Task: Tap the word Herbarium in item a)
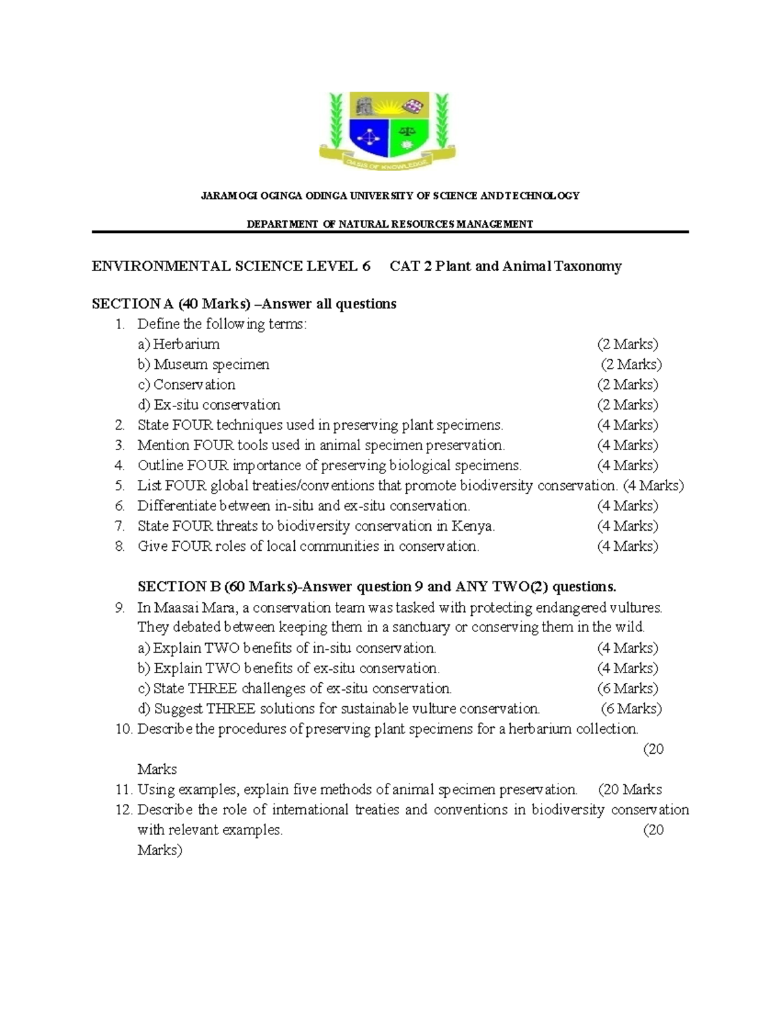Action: (186, 344)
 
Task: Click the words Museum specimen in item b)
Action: (212, 364)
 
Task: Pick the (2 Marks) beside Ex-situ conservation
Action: (627, 405)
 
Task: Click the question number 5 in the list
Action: (119, 486)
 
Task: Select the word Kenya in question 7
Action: (473, 526)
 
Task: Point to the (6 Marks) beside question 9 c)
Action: (627, 689)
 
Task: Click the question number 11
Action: (122, 790)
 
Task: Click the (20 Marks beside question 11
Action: (629, 790)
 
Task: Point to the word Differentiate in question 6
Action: (178, 506)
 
